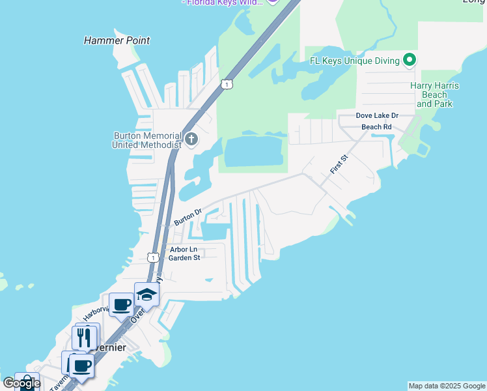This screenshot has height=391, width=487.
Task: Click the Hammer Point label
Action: pyautogui.click(x=117, y=40)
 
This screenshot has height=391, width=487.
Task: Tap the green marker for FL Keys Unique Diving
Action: pyautogui.click(x=410, y=61)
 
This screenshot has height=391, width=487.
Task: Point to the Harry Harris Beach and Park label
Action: pyautogui.click(x=434, y=94)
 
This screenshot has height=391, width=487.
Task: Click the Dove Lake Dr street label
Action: pyautogui.click(x=376, y=115)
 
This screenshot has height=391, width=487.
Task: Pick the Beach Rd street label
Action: pyautogui.click(x=376, y=126)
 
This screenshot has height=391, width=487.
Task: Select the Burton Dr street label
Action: pyautogui.click(x=188, y=216)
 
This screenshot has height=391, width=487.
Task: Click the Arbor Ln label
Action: pyautogui.click(x=183, y=249)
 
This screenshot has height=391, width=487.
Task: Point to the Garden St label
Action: pyautogui.click(x=184, y=257)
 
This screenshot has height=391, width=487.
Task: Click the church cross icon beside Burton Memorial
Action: pyautogui.click(x=191, y=139)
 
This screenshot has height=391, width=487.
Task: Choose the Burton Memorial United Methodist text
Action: pyautogui.click(x=146, y=140)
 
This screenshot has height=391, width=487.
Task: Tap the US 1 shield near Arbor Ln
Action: pyautogui.click(x=153, y=257)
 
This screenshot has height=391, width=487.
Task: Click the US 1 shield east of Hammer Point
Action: pyautogui.click(x=226, y=84)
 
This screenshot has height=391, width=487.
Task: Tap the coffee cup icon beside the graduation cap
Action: pyautogui.click(x=122, y=304)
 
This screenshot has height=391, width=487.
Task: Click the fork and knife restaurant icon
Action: pyautogui.click(x=84, y=336)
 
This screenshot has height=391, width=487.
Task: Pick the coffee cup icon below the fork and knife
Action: pyautogui.click(x=81, y=366)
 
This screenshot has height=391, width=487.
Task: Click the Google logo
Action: pyautogui.click(x=21, y=383)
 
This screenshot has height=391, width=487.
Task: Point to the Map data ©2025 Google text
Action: pyautogui.click(x=447, y=386)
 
